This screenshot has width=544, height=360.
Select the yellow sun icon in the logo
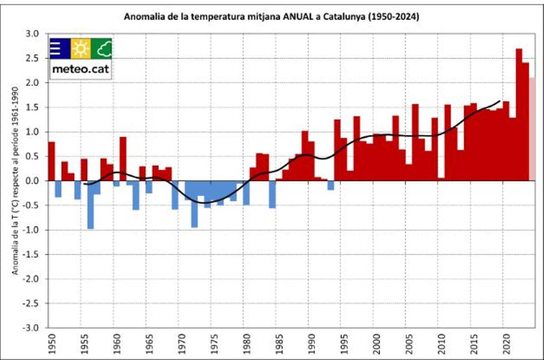pyautogui.click(x=81, y=49)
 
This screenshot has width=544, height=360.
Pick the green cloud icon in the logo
pyautogui.click(x=102, y=49)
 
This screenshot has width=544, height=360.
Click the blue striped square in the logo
pyautogui.click(x=60, y=49)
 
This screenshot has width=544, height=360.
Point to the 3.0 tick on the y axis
pyautogui.click(x=34, y=34)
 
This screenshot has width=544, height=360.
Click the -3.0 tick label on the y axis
pyautogui.click(x=34, y=328)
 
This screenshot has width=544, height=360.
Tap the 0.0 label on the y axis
pyautogui.click(x=34, y=181)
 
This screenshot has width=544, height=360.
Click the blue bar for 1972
pyautogui.click(x=194, y=204)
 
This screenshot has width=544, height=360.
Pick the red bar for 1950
pyautogui.click(x=51, y=161)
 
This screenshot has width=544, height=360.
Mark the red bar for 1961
pyautogui.click(x=123, y=159)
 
